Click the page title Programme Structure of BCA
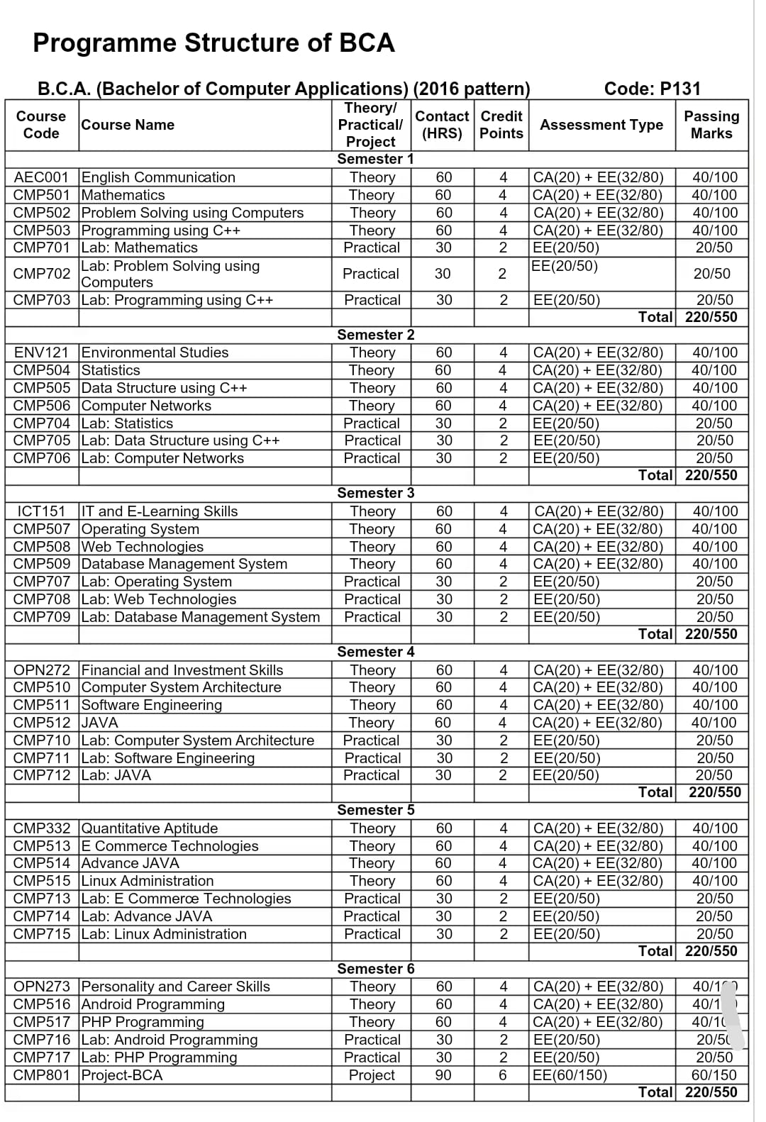213,43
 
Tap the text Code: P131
652,89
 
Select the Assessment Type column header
601,125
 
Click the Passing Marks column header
711,125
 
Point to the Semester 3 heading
375,493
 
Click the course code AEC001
41,177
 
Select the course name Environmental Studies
155,352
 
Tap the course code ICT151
41,511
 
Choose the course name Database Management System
184,564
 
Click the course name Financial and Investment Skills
182,670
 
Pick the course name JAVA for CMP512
100,723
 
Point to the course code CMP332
42,828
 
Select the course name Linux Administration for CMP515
148,881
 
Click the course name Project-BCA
122,1075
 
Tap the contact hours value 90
443,1075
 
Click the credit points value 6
503,1075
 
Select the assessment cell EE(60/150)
570,1075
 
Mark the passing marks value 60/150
714,1075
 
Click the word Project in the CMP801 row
372,1075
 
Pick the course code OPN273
42,987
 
